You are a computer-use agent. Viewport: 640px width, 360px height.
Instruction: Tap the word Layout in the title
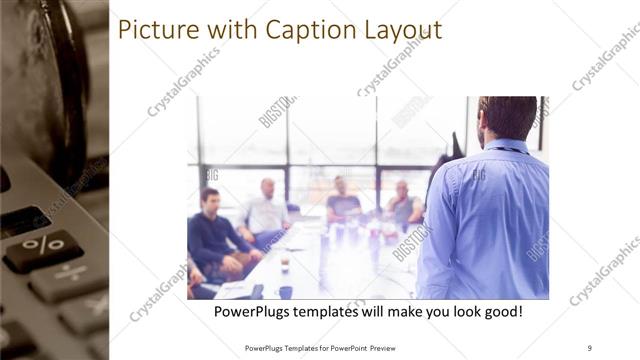pos(401,31)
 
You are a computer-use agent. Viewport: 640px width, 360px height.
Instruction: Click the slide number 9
pos(589,347)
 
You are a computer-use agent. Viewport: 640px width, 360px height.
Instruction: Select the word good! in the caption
pos(502,312)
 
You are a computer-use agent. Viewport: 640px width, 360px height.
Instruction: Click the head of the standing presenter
pos(507,118)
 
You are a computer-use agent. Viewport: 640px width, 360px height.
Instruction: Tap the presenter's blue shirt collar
pos(506,148)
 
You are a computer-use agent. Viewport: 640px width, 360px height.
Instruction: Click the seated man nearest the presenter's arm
pos(402,205)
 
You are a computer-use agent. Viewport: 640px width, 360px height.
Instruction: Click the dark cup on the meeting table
pos(285,291)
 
